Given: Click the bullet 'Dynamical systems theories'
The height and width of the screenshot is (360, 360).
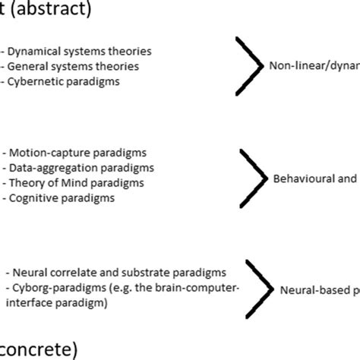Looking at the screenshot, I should (80, 52).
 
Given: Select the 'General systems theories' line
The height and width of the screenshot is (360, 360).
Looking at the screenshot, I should (74, 66).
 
